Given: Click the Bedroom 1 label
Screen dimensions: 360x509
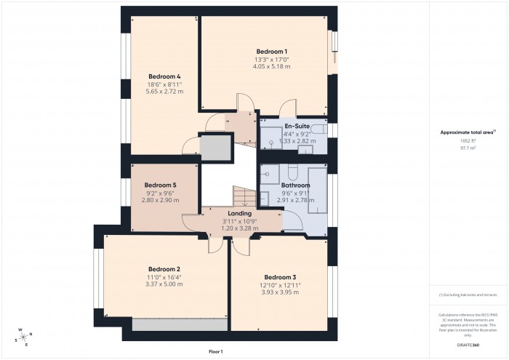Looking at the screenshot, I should point(271,51).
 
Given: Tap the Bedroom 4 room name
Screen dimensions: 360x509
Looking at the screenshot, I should point(164,76).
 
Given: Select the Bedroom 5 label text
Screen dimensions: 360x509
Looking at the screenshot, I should point(160,185).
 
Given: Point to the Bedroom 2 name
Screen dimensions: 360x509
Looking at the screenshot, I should point(164,269).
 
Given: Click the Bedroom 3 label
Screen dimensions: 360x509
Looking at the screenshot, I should point(280,277).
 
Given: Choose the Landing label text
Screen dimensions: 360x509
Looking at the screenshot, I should point(240,213).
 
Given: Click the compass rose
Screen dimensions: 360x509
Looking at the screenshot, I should point(24,336).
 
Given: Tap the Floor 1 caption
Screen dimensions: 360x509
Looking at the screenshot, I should point(215,351).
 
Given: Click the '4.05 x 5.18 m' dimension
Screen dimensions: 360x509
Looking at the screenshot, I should point(271,66).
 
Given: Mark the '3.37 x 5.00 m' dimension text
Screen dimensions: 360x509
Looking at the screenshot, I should point(164,284).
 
